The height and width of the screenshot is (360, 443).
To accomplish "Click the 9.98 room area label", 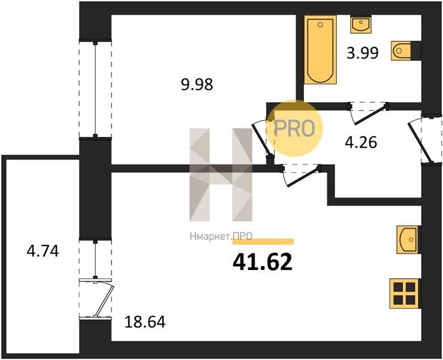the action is click(x=197, y=84).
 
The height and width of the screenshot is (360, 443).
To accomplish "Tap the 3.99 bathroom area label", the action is click(x=363, y=53).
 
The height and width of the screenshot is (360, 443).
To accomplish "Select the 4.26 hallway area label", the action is click(x=361, y=142).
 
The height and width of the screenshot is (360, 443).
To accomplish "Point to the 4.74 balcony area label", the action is click(x=43, y=251).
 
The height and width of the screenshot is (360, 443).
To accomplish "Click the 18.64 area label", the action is click(x=145, y=322).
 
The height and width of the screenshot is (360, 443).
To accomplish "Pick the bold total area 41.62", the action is click(x=262, y=262).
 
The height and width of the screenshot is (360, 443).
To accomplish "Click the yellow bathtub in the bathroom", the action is click(x=320, y=50).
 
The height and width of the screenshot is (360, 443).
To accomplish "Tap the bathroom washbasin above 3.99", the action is click(x=361, y=25).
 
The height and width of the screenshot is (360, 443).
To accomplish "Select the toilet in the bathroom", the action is click(x=406, y=51).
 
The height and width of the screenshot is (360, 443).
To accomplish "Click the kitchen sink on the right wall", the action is click(x=408, y=239).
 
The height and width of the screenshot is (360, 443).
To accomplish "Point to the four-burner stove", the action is click(x=405, y=293).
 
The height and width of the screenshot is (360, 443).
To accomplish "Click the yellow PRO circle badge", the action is click(x=294, y=128).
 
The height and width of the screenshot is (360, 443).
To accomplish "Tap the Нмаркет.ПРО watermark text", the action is click(x=221, y=236).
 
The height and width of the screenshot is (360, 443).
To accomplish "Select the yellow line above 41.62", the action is click(x=263, y=242).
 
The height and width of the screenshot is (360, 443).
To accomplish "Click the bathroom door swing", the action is click(x=369, y=113).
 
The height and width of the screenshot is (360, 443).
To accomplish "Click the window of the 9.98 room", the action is click(x=95, y=89).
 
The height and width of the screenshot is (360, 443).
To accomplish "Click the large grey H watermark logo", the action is click(x=221, y=175).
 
